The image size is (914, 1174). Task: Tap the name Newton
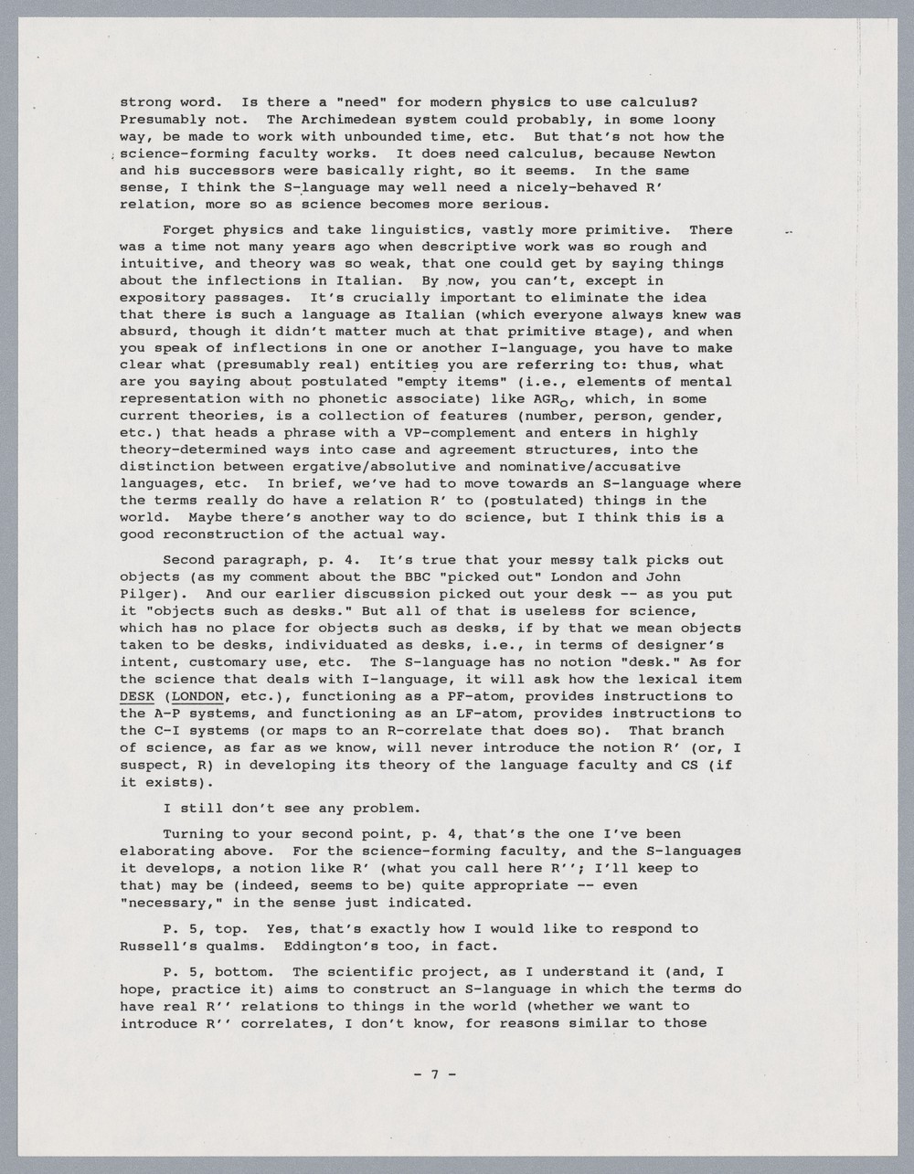pos(689,153)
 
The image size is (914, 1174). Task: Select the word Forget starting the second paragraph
pos(187,230)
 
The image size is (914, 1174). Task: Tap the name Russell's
pos(154,946)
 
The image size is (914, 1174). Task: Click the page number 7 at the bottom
pos(435,1074)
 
